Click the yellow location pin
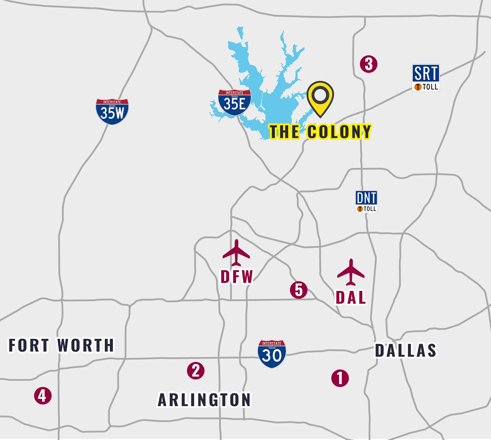tap(320, 97)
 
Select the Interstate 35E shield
tap(234, 103)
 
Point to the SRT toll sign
tap(426, 78)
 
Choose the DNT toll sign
tap(366, 201)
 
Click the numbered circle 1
tap(340, 378)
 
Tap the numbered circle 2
tap(196, 370)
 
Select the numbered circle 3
tap(369, 64)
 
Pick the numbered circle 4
tap(43, 396)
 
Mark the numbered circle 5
tap(299, 290)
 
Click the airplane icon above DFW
tap(236, 253)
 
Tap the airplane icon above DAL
tap(351, 272)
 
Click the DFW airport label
tap(237, 277)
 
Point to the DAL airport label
tap(351, 298)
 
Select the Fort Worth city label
tap(61, 345)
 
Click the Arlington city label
tap(204, 400)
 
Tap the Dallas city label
tap(406, 350)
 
